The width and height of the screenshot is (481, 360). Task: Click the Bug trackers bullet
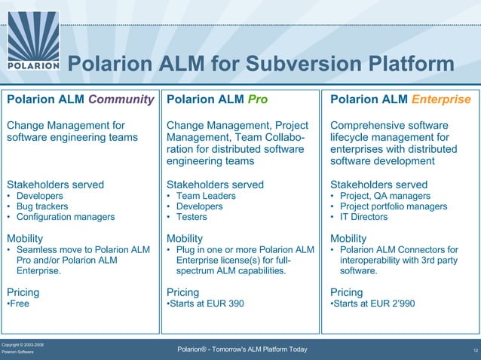point(38,206)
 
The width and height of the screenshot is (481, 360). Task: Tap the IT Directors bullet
point(363,217)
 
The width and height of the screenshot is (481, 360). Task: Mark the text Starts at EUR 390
point(205,304)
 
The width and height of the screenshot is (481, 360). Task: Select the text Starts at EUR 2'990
point(372,304)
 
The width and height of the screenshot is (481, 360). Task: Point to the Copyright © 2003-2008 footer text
point(23,344)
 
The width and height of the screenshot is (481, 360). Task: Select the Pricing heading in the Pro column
point(182,292)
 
